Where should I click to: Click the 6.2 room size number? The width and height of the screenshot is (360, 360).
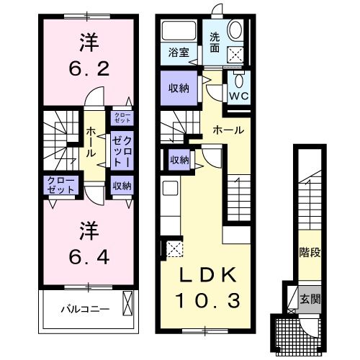[x=89, y=68]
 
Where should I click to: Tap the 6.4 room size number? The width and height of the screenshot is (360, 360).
[x=89, y=256]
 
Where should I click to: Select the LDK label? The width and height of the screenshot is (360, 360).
[x=208, y=274]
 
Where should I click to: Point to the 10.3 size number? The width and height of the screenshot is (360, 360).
[x=208, y=301]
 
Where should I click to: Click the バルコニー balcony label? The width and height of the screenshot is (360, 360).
[x=85, y=309]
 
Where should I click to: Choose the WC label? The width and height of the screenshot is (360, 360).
[x=239, y=96]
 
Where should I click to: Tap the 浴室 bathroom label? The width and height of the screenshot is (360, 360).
[x=179, y=53]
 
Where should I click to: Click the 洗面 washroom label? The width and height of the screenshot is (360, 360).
[x=215, y=42]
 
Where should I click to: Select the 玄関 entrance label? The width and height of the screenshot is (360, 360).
[x=310, y=300]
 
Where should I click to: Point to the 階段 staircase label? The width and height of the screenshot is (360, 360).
[x=310, y=253]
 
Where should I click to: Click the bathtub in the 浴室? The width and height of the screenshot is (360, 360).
[x=179, y=31]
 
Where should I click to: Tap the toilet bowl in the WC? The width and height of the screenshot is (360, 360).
[x=238, y=80]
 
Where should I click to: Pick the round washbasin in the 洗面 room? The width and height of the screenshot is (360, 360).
[x=235, y=30]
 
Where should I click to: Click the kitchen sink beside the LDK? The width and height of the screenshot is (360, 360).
[x=170, y=188]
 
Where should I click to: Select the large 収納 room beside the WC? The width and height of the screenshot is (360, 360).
[x=179, y=88]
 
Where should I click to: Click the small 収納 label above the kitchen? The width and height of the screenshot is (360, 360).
[x=179, y=160]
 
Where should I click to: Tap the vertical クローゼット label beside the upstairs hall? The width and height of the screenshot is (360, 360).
[x=122, y=152]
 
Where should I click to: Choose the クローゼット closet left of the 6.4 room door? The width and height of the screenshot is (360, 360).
[x=60, y=185]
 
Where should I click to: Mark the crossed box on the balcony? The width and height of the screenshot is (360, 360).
[x=127, y=303]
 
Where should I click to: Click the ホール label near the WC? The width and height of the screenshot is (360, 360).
[x=228, y=130]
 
